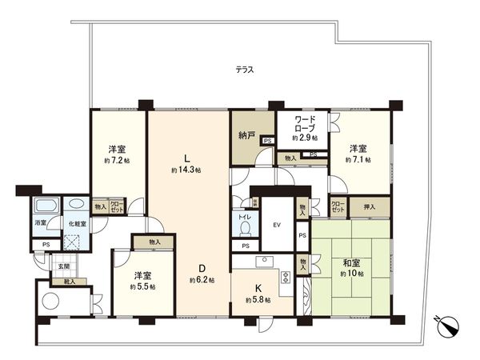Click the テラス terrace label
[x=245, y=70]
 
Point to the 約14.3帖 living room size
[x=186, y=170]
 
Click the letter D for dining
[x=203, y=267]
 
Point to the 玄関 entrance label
[x=62, y=266]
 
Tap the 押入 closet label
[x=370, y=206]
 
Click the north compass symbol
[x=449, y=325]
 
